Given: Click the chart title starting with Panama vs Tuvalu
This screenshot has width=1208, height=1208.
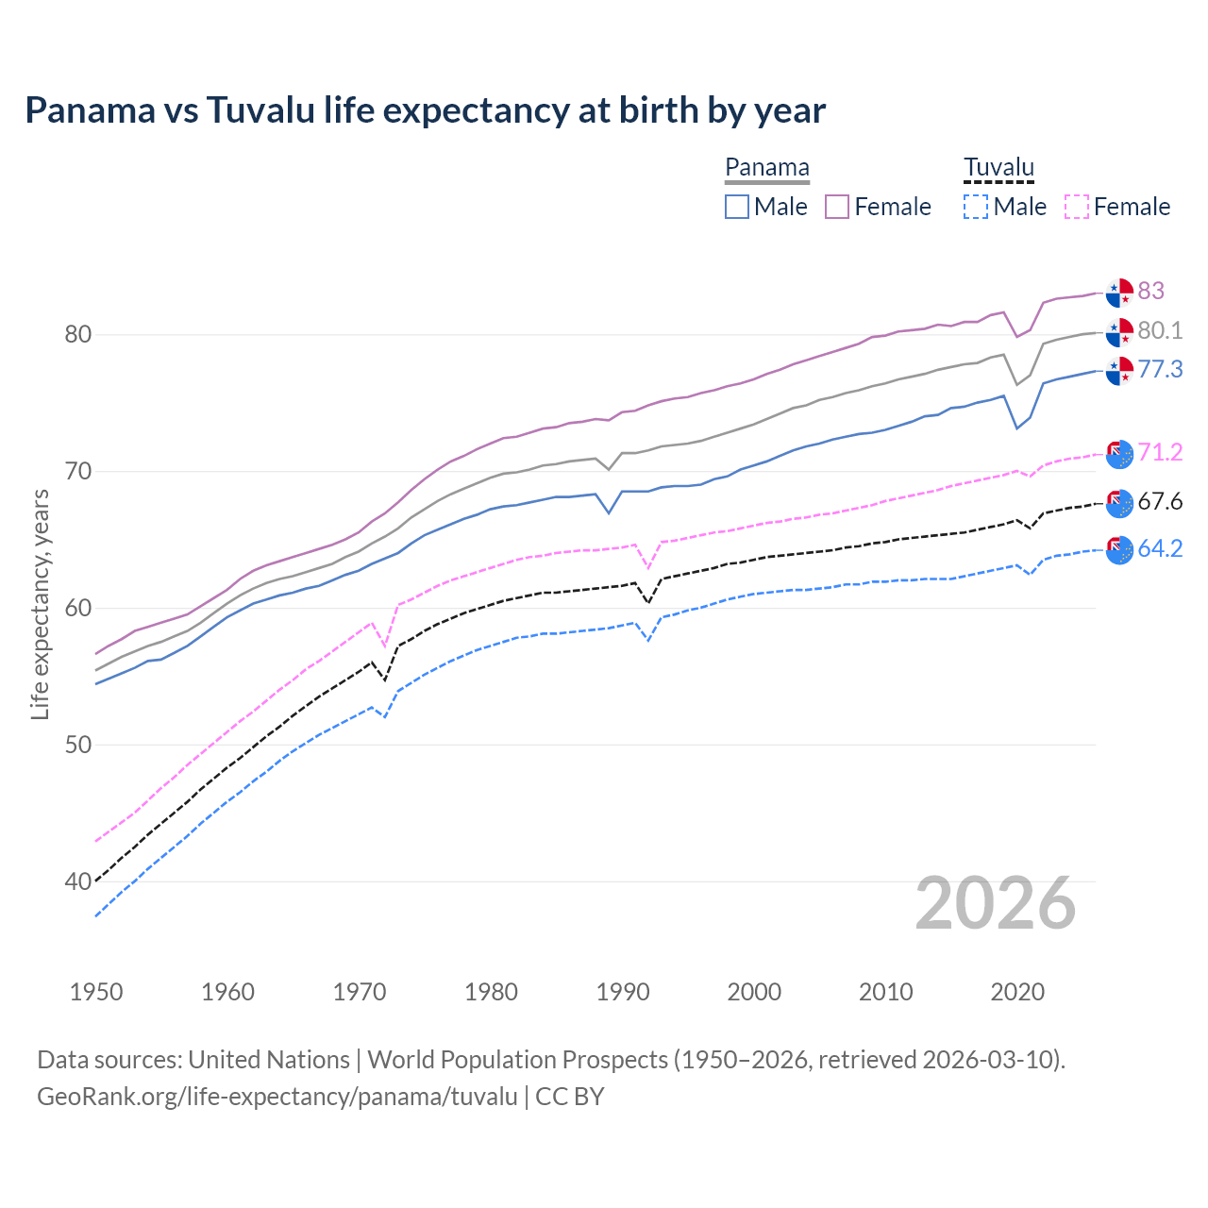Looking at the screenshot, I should pos(425,110).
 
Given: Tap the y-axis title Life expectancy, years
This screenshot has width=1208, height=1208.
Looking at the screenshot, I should pos(40,604).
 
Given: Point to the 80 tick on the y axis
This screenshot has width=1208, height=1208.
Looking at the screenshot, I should pos(78,334).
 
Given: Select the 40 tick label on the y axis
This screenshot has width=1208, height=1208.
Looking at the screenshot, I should pos(78,881).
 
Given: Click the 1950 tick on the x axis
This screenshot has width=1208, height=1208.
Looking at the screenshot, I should pos(96,992).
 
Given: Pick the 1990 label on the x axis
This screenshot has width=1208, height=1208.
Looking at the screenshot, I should pos(623,992).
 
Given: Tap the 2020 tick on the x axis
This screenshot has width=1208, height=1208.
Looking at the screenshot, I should pos(1017,992).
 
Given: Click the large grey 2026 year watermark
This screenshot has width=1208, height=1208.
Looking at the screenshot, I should pos(995,903).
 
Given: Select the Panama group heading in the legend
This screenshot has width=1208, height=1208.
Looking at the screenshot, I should pos(766,167).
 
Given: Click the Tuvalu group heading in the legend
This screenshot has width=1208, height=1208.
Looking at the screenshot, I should pos(998,167).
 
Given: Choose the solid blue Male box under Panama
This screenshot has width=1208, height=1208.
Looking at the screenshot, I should pos(737,207).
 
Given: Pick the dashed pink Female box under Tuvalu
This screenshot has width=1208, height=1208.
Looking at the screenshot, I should pos(1077,207).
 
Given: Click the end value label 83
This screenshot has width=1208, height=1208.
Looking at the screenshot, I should pos(1150,291).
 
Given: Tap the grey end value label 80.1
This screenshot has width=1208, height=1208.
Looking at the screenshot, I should pos(1160,330).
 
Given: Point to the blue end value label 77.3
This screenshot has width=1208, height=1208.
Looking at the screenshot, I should pos(1160,369).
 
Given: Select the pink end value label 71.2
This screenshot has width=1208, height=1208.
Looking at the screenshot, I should pos(1160,452).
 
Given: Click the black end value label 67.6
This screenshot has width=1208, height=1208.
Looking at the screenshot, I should pos(1160,501).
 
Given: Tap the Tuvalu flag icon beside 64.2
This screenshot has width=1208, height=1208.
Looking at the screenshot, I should pos(1119,549).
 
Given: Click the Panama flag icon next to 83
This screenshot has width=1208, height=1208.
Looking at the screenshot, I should pos(1119,293).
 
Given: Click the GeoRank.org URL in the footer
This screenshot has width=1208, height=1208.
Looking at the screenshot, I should pos(277,1097).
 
